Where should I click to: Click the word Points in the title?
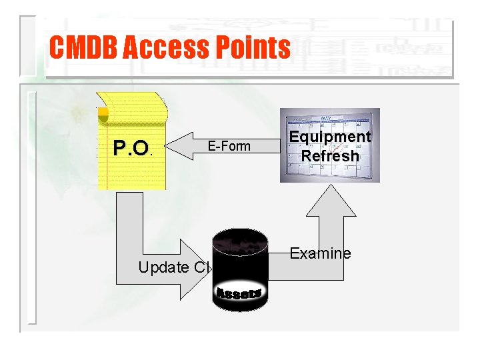pos(253,48)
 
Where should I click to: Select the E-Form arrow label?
pos(229,146)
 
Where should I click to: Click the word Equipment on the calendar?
pos(329,137)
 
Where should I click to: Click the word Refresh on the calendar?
pos(329,156)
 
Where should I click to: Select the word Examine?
pos(320,253)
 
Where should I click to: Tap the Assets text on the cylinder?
pos(239,293)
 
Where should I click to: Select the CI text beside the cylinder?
pos(202,268)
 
